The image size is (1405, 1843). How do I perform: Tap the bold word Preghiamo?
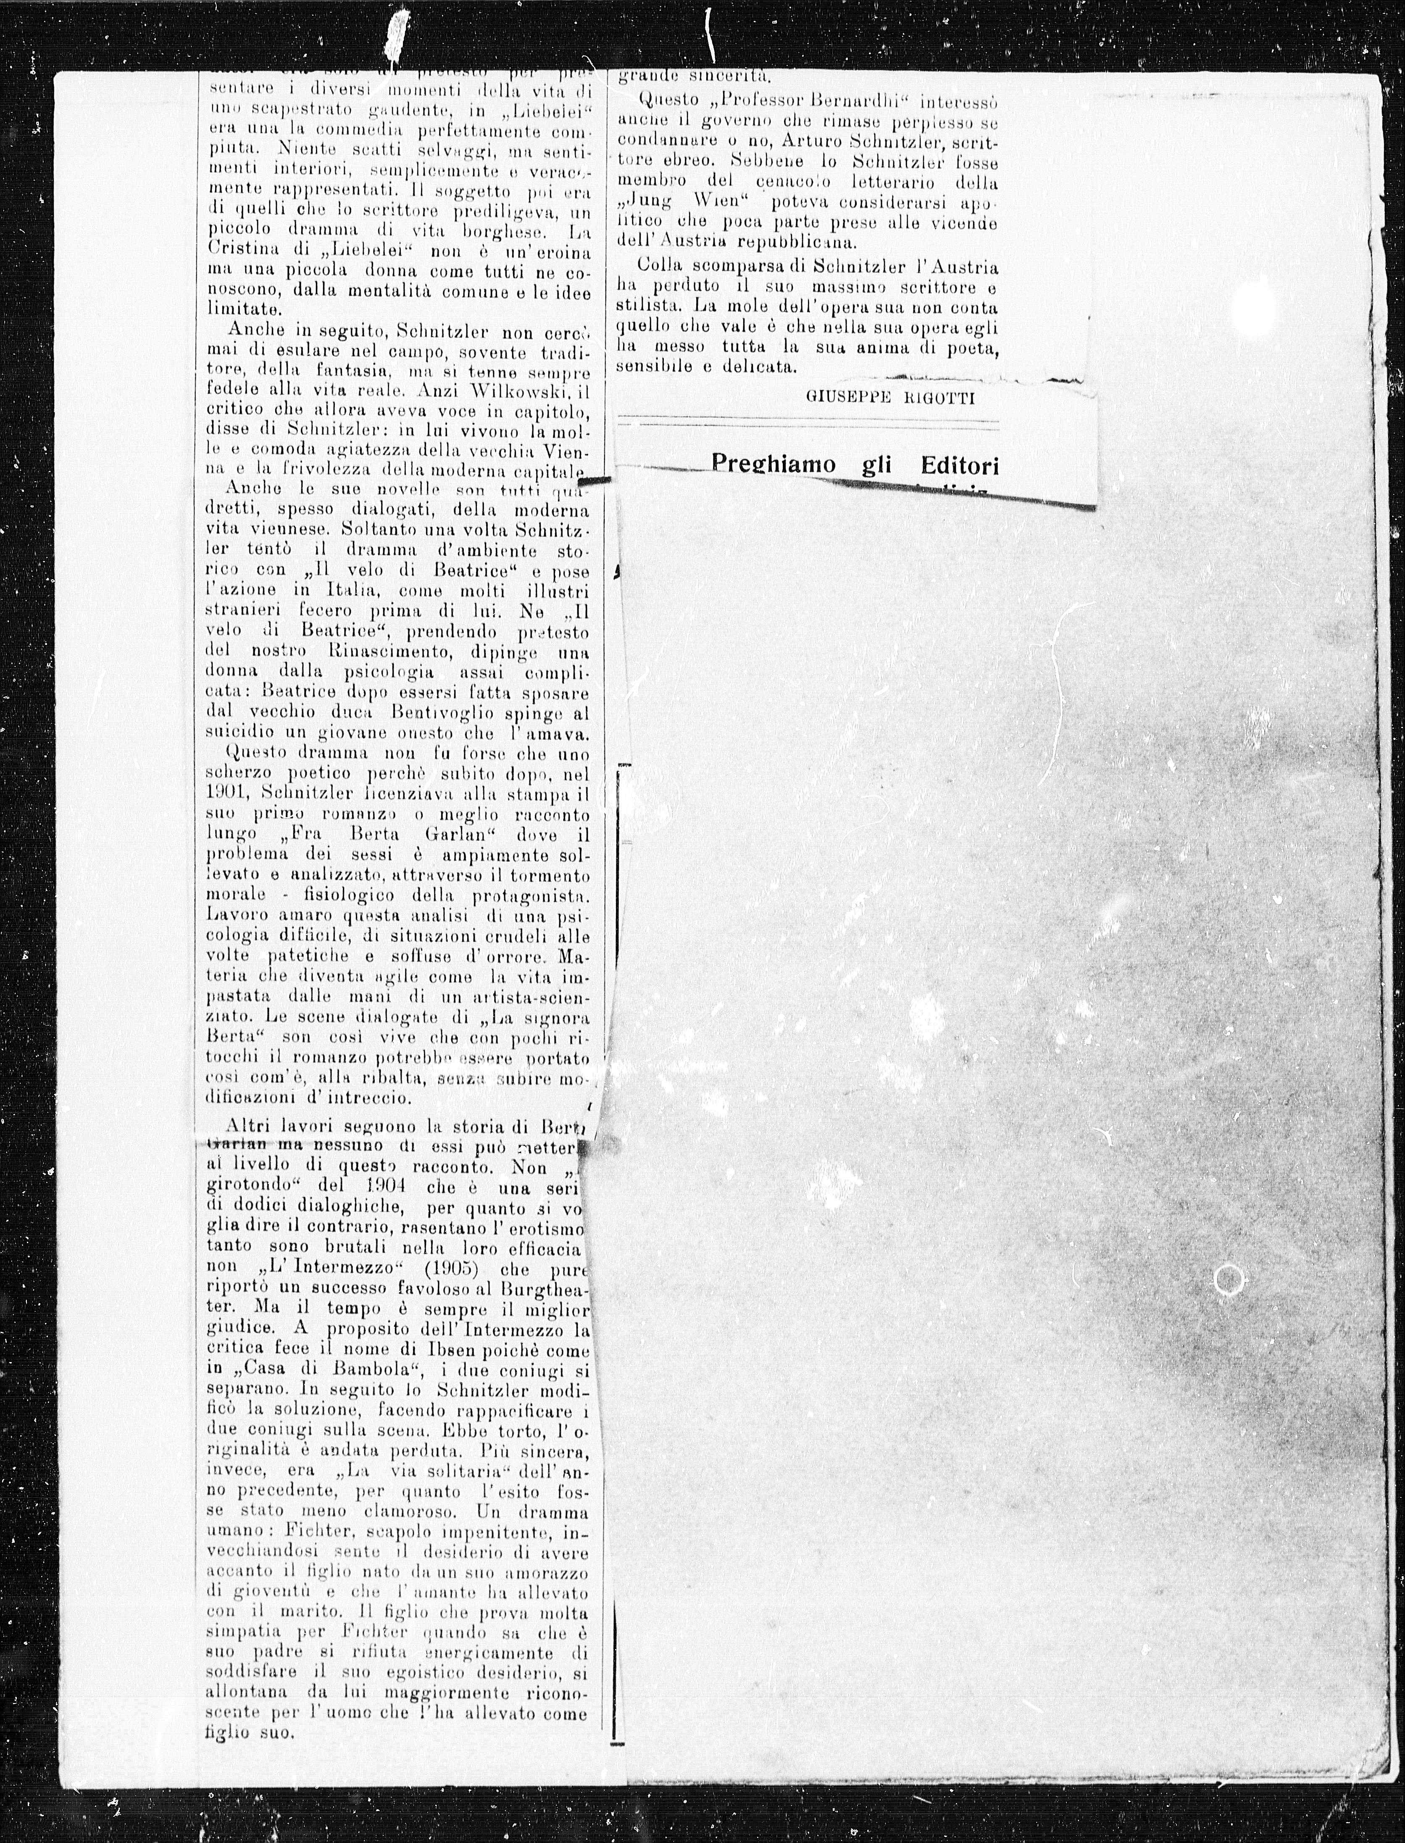(774, 463)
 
